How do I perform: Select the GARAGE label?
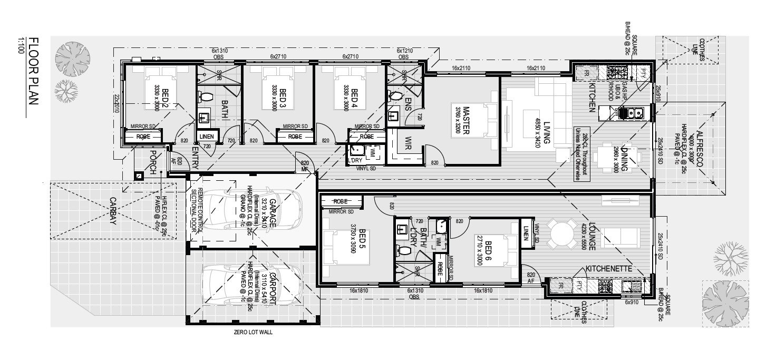273,213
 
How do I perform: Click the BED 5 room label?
361,241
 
